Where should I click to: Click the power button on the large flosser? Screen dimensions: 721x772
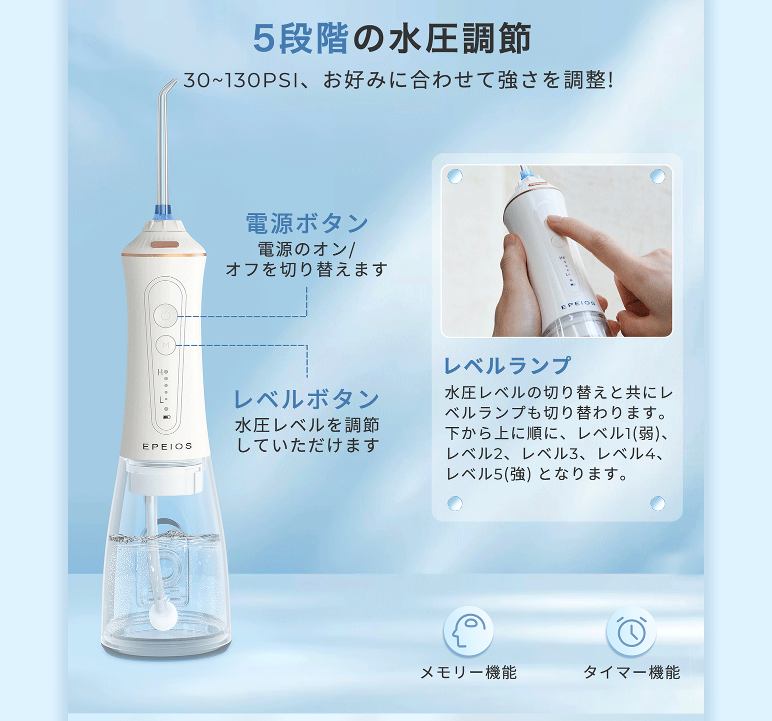point(165,316)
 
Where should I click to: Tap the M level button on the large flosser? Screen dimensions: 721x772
point(165,345)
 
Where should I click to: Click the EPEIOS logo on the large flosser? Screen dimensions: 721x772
point(167,446)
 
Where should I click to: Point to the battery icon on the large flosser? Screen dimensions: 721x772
point(166,417)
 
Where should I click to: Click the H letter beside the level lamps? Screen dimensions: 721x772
point(160,372)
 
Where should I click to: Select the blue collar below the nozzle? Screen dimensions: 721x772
point(162,212)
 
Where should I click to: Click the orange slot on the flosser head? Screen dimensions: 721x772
point(165,245)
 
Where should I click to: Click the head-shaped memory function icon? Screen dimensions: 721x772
point(468,631)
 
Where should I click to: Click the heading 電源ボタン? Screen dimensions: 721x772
point(307,223)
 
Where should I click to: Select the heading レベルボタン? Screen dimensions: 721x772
point(306,399)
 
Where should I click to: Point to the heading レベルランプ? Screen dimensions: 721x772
point(507,365)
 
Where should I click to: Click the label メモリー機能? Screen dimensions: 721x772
point(468,673)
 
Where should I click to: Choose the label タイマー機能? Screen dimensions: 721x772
point(631,673)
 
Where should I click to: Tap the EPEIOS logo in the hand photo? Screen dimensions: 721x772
point(578,304)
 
